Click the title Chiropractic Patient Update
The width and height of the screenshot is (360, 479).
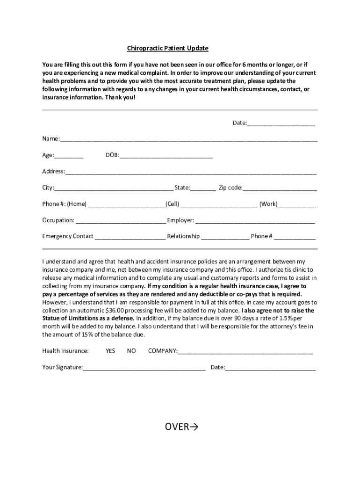click(x=168, y=48)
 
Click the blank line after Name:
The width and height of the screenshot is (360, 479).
click(x=188, y=139)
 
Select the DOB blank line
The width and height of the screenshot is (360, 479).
click(x=166, y=156)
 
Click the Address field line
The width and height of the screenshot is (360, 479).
click(x=191, y=172)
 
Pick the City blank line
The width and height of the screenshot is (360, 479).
click(x=114, y=189)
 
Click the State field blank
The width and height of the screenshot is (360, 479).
click(x=203, y=189)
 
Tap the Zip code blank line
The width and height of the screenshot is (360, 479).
click(x=280, y=189)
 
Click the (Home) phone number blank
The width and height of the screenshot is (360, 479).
click(x=126, y=205)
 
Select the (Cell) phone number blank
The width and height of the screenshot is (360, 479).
click(x=219, y=205)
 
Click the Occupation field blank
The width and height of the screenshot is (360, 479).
click(x=121, y=221)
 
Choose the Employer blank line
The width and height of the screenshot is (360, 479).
click(x=255, y=221)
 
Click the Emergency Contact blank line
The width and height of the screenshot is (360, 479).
click(x=130, y=237)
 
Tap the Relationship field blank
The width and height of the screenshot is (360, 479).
click(x=225, y=237)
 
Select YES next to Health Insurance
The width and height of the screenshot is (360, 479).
click(x=110, y=351)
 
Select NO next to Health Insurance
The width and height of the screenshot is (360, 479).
click(x=131, y=351)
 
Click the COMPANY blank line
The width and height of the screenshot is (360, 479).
click(x=245, y=352)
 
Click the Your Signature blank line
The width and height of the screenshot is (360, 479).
click(x=144, y=368)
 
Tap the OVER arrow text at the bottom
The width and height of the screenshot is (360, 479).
click(x=181, y=427)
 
